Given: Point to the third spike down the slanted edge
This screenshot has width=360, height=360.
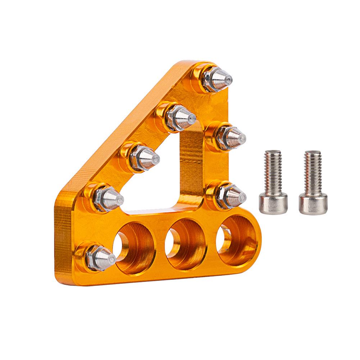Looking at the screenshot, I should tap(143, 158).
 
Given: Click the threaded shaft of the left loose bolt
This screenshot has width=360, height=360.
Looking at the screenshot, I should tap(273, 169).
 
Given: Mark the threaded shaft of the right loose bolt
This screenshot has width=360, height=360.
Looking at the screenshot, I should tap(313, 169).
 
